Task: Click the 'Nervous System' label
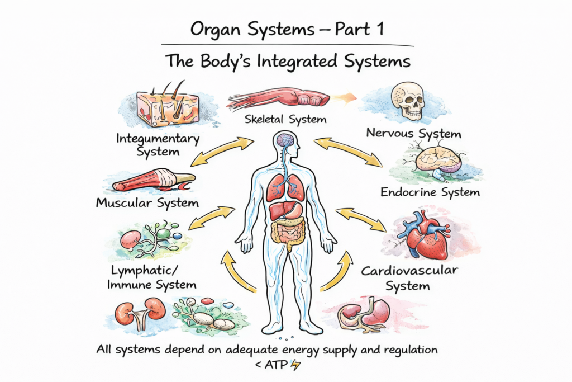(413, 134)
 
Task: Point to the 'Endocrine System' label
(430, 192)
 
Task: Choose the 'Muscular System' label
(147, 202)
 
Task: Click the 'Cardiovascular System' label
(409, 278)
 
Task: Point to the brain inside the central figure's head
(286, 140)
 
